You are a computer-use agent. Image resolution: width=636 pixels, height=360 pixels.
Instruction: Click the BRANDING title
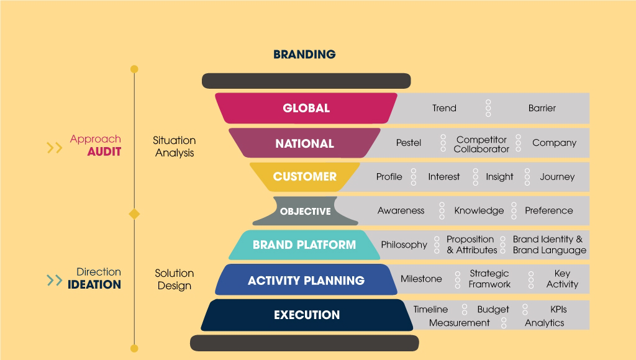tap(304, 55)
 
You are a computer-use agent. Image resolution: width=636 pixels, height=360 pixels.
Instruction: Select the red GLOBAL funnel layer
tap(306, 108)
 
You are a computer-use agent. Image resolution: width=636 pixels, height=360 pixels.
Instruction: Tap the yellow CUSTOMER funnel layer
tap(304, 177)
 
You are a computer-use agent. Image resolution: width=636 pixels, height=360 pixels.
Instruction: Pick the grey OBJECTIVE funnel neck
tap(306, 211)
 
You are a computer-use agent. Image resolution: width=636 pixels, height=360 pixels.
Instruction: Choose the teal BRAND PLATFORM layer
tap(304, 245)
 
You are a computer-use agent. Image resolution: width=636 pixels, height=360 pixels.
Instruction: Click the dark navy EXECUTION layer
tap(307, 315)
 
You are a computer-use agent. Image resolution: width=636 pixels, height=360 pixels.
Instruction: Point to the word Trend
tap(444, 108)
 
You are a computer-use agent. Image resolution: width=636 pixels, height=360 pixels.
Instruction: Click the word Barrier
tap(542, 108)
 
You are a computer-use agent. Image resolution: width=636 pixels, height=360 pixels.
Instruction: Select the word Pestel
tap(409, 143)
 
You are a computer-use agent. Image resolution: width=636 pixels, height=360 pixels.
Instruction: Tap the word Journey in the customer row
tap(557, 177)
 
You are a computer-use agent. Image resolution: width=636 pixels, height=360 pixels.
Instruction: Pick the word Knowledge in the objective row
tap(479, 211)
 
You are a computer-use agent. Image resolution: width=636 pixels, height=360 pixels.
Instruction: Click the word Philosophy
tap(404, 245)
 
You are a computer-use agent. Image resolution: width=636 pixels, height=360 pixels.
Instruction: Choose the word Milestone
tap(421, 279)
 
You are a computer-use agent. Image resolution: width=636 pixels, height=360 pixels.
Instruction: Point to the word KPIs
tap(558, 309)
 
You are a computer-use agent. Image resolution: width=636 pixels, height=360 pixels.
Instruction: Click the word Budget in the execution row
tap(493, 310)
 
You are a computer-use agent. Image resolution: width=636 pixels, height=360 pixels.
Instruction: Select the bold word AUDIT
tap(104, 152)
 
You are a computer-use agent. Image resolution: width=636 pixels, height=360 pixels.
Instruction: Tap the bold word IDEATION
tap(94, 285)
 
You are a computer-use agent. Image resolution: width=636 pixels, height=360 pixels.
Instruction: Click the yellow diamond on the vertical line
tap(134, 214)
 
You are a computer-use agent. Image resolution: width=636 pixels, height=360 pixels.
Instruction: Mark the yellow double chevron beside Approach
tap(55, 148)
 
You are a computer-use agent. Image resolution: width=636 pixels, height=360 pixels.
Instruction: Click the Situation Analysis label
tap(175, 146)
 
